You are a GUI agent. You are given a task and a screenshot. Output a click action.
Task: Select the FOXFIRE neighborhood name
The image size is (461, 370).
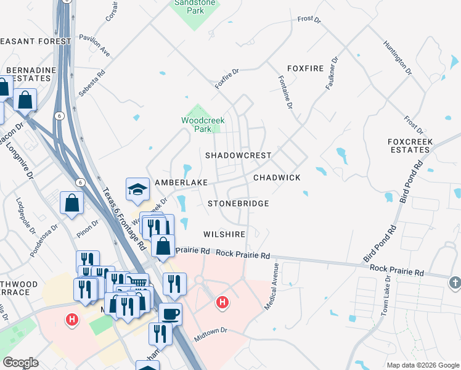[305, 68]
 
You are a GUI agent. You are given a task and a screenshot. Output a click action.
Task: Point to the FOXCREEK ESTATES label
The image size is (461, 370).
[410, 146]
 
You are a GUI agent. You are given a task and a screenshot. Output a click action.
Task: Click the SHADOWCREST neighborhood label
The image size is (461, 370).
[238, 155]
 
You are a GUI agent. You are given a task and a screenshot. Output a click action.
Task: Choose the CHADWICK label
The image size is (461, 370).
[277, 178]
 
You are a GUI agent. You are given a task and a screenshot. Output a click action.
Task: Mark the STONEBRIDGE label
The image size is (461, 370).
[238, 203]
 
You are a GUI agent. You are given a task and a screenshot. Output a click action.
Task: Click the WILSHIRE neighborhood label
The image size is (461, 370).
[224, 234]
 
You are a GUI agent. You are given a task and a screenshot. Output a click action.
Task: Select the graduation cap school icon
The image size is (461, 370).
[137, 189]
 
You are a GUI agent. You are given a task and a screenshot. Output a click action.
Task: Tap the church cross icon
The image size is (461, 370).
[454, 282]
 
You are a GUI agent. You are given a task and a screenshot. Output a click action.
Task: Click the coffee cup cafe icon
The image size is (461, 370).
[171, 314]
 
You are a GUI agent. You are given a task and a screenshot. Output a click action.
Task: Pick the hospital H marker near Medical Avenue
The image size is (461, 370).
[222, 303]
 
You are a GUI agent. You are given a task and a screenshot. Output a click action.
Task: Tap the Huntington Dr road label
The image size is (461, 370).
[398, 58]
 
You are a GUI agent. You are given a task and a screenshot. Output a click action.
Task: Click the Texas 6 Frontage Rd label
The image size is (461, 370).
[124, 218]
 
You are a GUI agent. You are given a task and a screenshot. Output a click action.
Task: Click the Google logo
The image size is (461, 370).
[21, 363]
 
